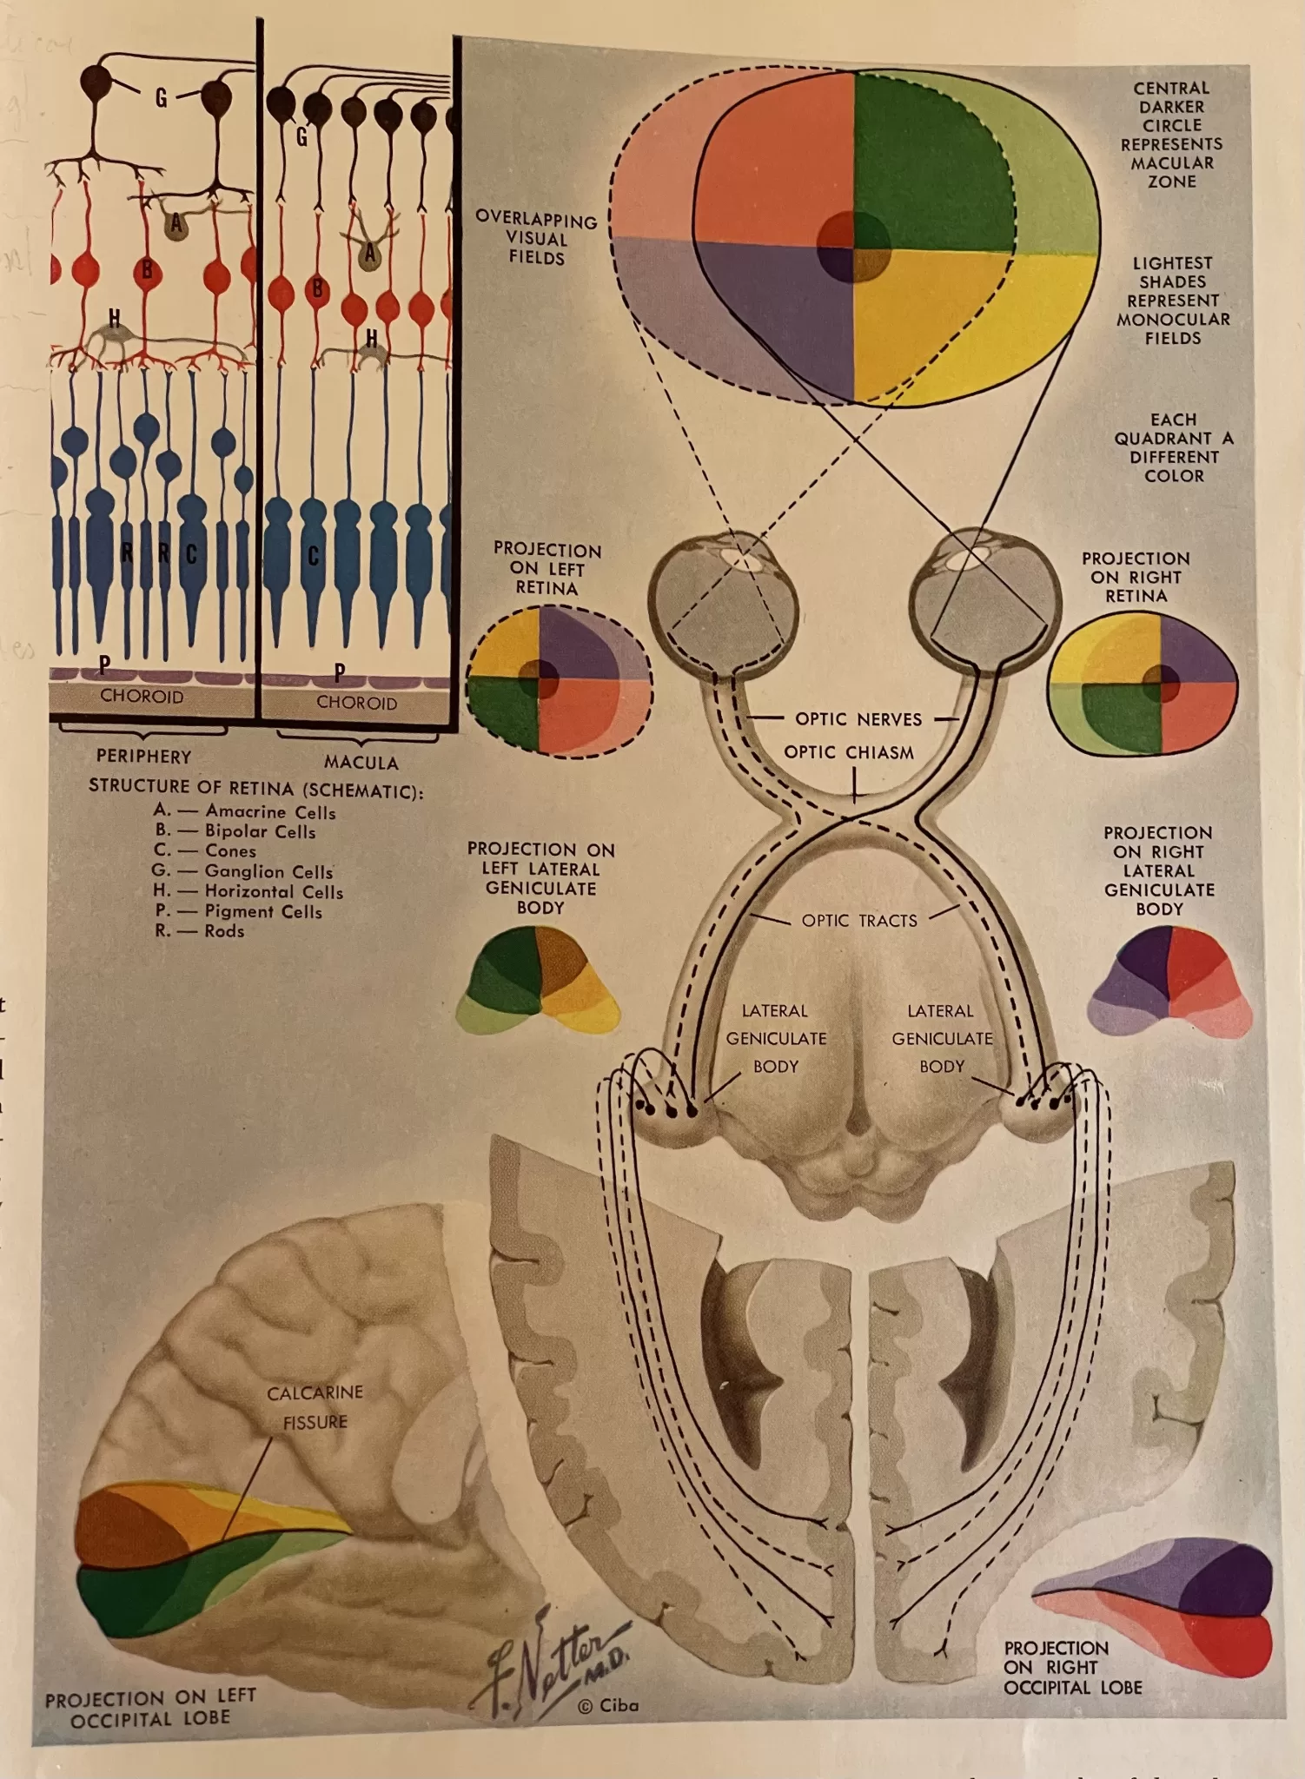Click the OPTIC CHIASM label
tap(849, 752)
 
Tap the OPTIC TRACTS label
tap(859, 921)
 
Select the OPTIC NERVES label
tap(858, 719)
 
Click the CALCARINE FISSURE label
tap(315, 1407)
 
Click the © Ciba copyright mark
tap(608, 1705)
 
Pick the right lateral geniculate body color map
tap(1169, 982)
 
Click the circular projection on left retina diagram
tap(559, 680)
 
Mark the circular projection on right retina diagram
tap(1143, 684)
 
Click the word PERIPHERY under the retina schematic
tap(143, 757)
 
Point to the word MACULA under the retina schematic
tap(361, 763)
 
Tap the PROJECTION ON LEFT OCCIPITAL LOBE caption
tap(150, 1708)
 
